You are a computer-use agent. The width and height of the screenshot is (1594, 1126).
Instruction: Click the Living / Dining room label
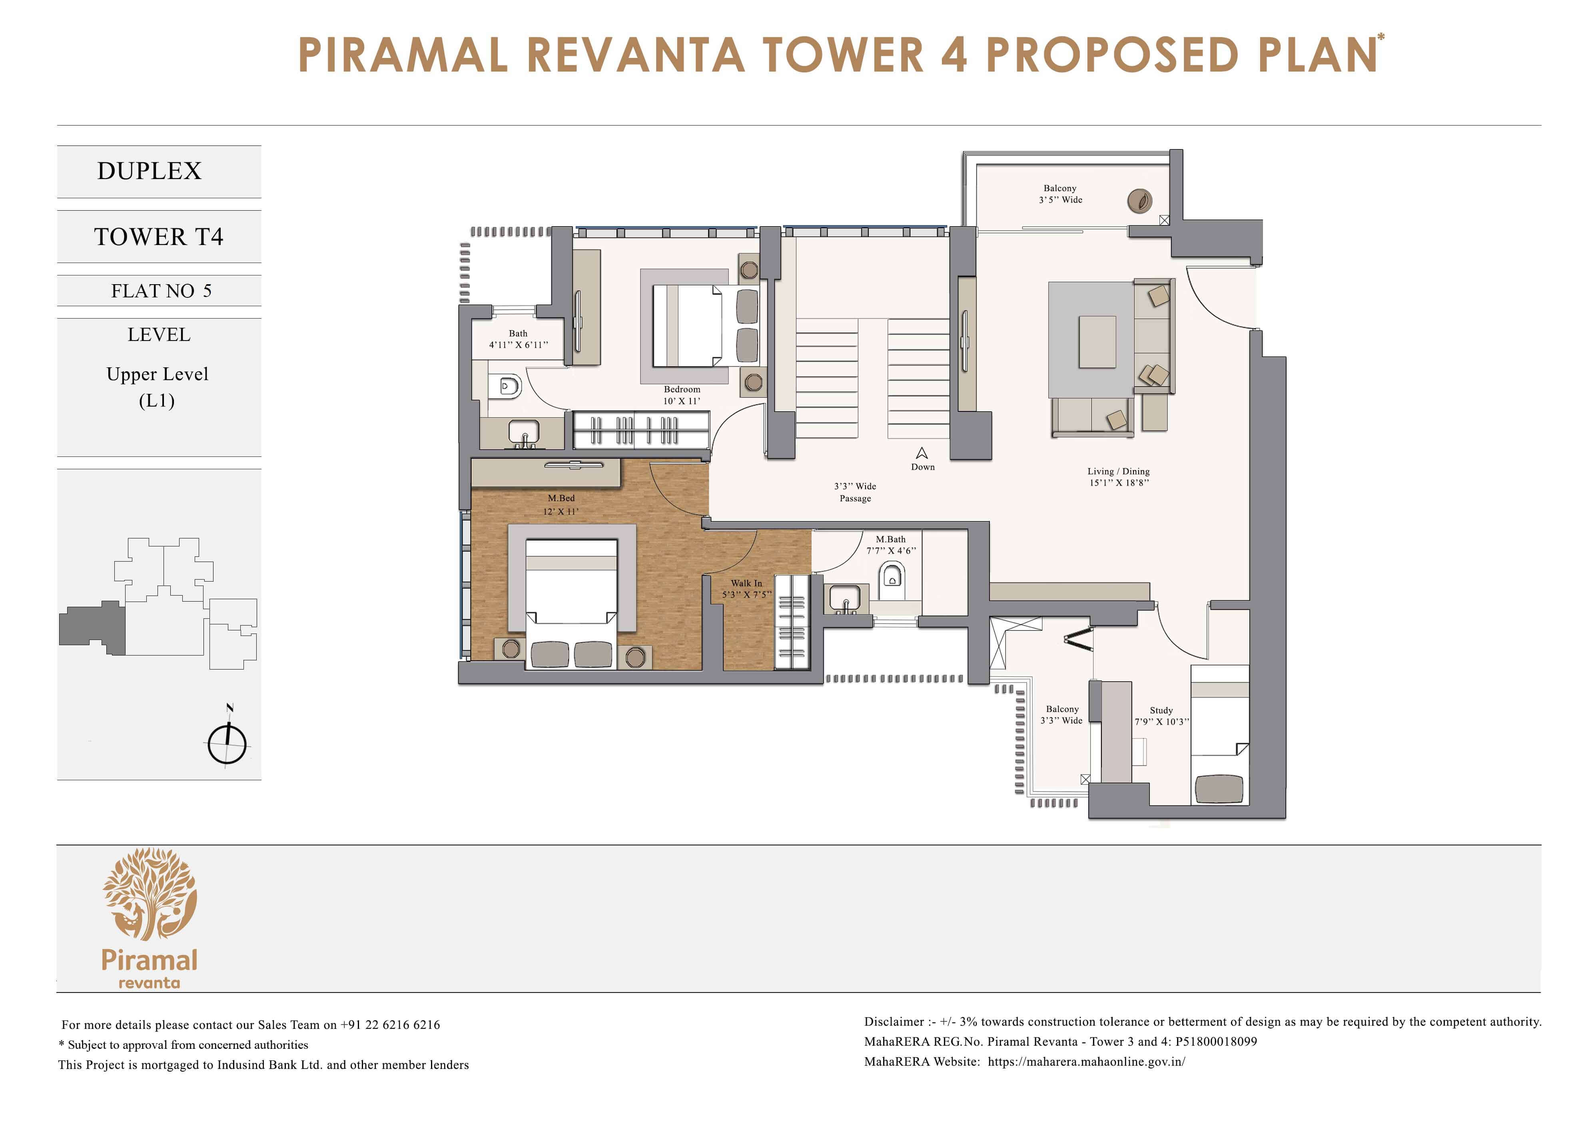tap(1118, 471)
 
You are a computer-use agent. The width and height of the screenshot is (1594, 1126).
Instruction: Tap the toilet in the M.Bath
tap(892, 578)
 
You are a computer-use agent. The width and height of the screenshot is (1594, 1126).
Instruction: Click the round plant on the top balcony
tap(1139, 201)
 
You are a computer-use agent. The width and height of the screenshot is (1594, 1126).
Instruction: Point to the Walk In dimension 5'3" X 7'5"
tap(746, 595)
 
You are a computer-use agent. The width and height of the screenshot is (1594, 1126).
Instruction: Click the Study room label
tap(1161, 710)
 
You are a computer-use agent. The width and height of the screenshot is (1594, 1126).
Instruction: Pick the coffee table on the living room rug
tap(1097, 341)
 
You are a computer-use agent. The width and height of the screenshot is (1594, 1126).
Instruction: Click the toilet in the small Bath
tap(509, 386)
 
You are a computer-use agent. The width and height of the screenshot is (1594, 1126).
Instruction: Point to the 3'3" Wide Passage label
tap(855, 492)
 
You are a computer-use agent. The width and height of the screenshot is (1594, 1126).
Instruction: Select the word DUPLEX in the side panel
tap(149, 171)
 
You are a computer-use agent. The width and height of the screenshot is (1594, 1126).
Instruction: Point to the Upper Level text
tap(158, 374)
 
